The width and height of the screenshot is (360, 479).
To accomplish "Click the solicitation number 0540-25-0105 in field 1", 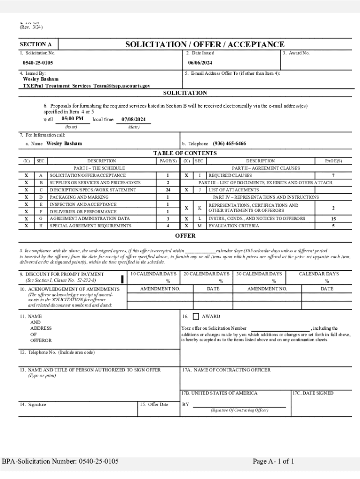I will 38,63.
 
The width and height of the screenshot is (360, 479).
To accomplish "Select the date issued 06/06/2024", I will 200,63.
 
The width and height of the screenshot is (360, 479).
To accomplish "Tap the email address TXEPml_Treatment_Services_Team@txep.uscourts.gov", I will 86,86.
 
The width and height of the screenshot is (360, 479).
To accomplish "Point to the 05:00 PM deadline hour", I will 72,119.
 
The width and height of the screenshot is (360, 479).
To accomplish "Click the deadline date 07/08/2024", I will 133,119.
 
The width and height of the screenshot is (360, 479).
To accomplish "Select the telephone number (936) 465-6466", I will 229,144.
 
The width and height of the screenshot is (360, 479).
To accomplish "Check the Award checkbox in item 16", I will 196,317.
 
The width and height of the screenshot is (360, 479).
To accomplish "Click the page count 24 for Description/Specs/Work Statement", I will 167,190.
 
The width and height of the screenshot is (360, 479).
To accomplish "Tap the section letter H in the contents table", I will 41,226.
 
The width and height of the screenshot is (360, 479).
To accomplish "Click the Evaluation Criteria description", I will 233,226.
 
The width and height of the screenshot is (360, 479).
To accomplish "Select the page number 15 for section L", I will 333,218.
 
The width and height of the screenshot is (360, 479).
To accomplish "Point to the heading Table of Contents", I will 185,153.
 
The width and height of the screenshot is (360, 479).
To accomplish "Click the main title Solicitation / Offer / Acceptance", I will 204,44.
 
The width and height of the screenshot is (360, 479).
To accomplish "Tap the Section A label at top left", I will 36,45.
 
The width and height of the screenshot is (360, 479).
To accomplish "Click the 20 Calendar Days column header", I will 206,274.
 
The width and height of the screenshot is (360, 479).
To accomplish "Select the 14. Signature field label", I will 33,404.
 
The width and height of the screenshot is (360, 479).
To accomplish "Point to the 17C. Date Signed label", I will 313,393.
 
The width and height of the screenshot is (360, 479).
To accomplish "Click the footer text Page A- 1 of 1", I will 274,462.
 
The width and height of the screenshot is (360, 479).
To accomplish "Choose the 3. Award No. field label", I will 296,53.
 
